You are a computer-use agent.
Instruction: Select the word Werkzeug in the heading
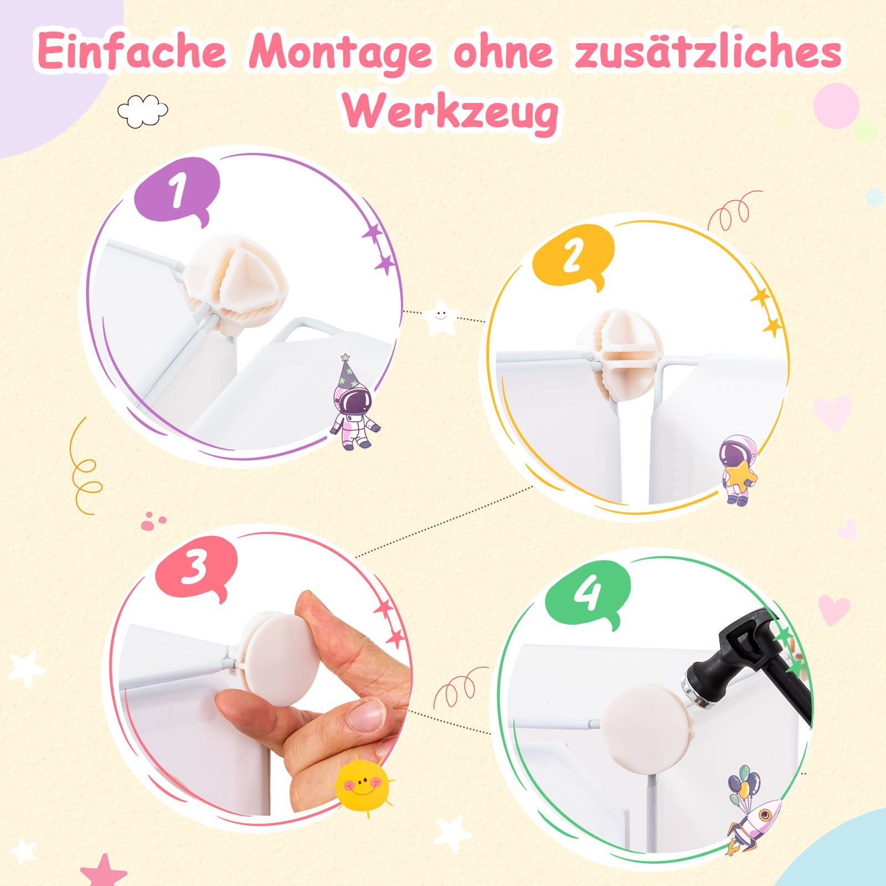[451, 113]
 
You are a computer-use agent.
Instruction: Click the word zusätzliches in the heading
[708, 52]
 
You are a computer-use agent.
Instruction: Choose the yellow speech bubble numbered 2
[573, 259]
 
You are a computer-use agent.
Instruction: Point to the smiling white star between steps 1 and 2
[440, 317]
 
